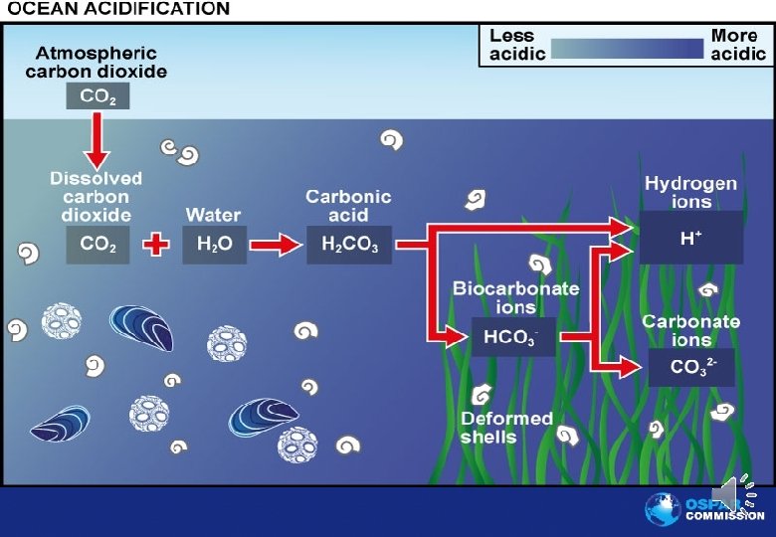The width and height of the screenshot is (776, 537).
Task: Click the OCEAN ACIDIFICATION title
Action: coord(118,9)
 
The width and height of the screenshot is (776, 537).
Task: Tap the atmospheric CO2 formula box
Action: coord(97,95)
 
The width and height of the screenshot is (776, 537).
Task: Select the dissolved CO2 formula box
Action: coord(97,246)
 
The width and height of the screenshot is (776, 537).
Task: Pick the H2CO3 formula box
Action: coord(349,246)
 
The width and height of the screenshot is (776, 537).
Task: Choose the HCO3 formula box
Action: coord(509,337)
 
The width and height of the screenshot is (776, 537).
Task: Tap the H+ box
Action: coord(690,239)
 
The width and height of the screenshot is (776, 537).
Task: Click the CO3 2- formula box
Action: coord(690,367)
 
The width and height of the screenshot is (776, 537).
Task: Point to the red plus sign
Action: coord(155,245)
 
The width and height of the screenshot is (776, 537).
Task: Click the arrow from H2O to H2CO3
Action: coord(276,245)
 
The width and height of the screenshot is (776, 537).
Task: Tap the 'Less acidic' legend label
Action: coord(517,45)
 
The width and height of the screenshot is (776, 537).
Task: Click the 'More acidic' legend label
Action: coord(737,45)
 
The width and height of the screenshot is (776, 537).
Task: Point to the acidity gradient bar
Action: coord(627,48)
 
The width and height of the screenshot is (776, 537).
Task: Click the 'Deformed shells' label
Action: coord(506,428)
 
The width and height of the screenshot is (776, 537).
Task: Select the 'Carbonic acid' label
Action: coord(348,206)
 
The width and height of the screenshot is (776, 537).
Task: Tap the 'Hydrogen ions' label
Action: coord(690,193)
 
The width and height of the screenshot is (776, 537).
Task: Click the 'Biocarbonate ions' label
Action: coord(515,297)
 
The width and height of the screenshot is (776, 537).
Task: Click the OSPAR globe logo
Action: coord(663,509)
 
